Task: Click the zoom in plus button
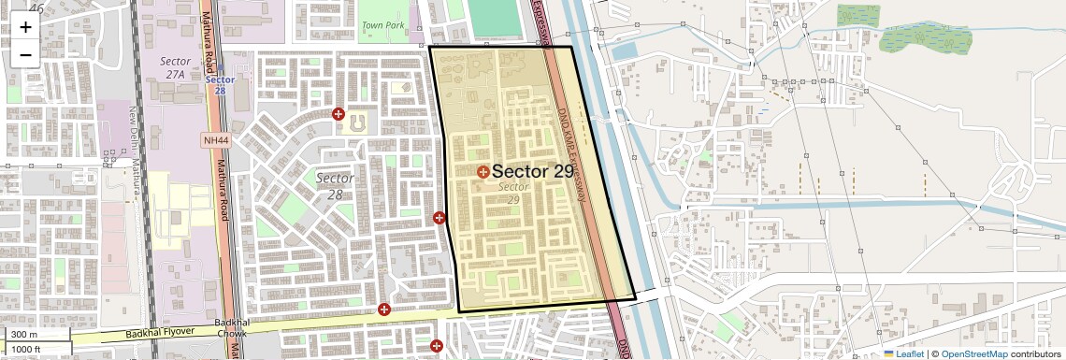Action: point(25,26)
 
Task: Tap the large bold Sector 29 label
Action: point(532,171)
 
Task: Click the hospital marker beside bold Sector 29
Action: point(483,172)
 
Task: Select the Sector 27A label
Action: point(175,66)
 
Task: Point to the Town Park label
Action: point(382,25)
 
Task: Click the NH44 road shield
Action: point(215,140)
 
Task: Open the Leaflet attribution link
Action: point(910,353)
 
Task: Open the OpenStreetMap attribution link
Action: point(973,353)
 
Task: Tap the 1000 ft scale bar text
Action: point(27,349)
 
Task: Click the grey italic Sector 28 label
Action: point(335,185)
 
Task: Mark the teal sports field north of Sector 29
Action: point(493,16)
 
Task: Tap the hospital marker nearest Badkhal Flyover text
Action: point(383,310)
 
